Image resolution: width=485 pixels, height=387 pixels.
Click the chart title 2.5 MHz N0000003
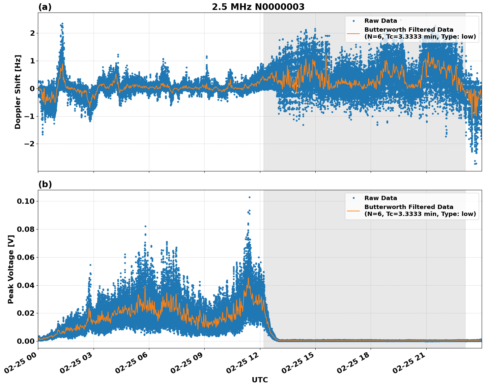258,7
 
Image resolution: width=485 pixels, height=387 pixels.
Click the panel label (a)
45,7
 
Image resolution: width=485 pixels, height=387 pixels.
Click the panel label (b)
45,184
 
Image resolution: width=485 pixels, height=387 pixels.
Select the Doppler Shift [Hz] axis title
18,92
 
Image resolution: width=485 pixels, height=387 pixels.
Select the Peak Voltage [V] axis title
11,269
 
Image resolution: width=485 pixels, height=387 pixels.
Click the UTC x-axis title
260,380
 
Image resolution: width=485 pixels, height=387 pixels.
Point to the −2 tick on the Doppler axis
30,144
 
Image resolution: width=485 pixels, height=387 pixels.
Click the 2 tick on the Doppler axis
32,33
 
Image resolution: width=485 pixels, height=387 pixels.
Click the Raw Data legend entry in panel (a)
381,21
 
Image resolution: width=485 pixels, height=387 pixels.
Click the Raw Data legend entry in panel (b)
381,198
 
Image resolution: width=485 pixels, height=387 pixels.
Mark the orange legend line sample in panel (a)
353,33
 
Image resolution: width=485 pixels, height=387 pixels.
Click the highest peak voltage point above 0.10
249,197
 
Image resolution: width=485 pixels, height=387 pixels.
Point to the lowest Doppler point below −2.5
475,164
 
